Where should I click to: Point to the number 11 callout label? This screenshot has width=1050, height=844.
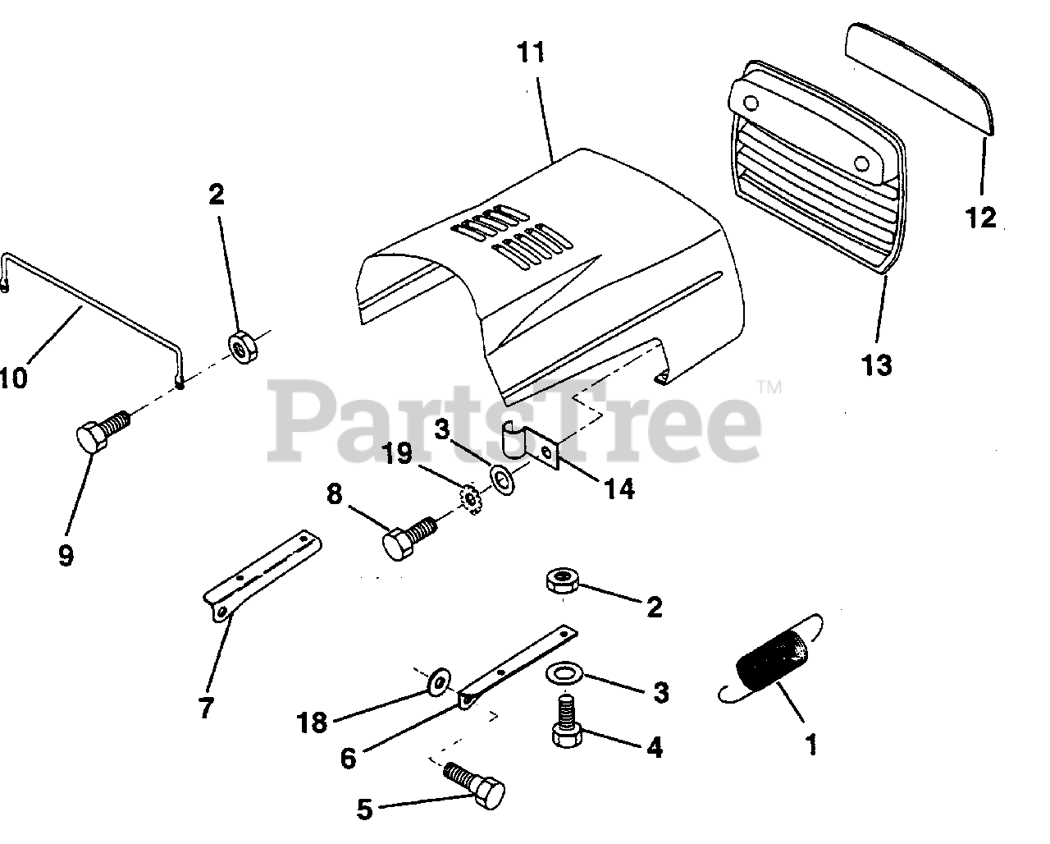pos(531,53)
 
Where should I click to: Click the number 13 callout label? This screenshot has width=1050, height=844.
pos(876,364)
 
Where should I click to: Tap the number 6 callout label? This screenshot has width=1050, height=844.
pos(348,758)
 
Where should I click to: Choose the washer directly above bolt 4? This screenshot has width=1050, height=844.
pos(565,673)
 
